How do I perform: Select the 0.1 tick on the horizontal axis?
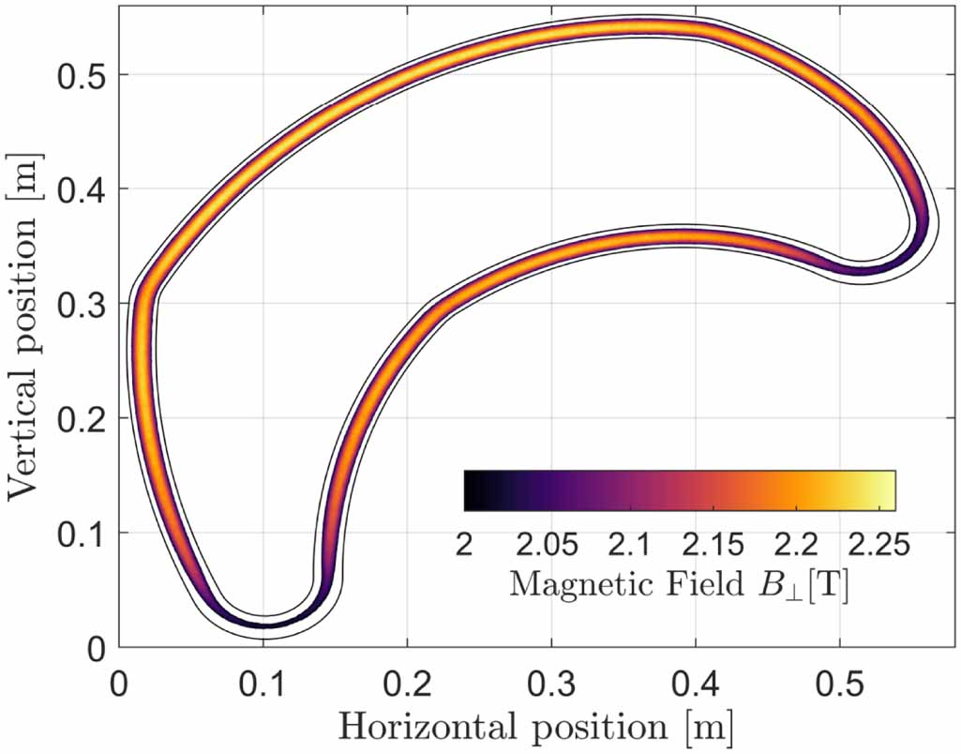[x=263, y=677]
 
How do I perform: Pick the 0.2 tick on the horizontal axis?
[x=407, y=677]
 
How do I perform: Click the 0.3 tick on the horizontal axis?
[x=551, y=677]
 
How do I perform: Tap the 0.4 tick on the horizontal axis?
[x=695, y=677]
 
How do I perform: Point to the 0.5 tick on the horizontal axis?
[x=839, y=677]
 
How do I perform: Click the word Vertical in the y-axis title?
[x=29, y=437]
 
